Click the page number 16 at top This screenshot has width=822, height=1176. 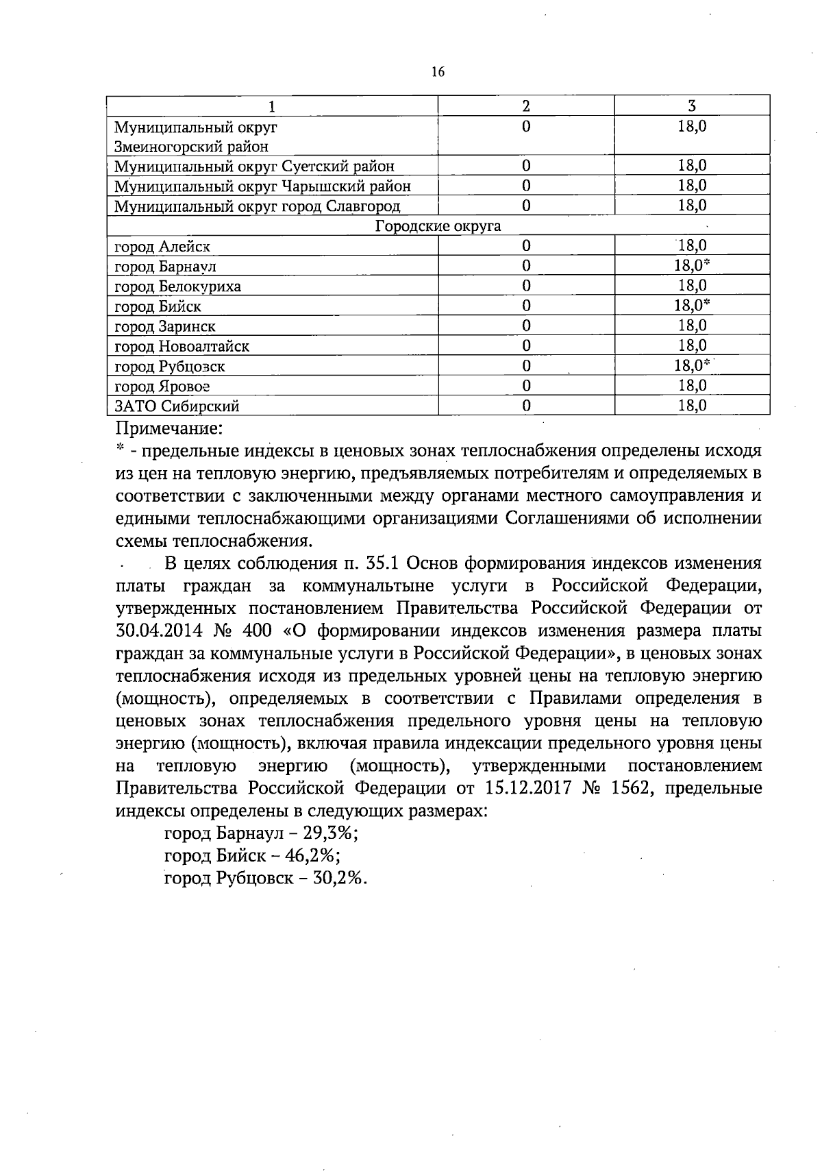coord(438,71)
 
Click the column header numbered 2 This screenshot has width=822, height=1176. coord(525,106)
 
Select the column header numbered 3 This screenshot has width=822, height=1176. coord(692,106)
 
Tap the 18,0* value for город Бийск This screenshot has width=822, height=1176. coord(692,306)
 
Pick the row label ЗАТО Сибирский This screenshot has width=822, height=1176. coord(177,406)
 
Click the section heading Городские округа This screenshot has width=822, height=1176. coord(438,226)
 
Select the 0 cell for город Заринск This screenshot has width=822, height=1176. coord(525,326)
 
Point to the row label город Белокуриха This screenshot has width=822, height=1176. coord(177,286)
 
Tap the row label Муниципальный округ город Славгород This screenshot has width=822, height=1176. coord(257,206)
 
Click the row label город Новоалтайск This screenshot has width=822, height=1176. coord(182,346)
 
